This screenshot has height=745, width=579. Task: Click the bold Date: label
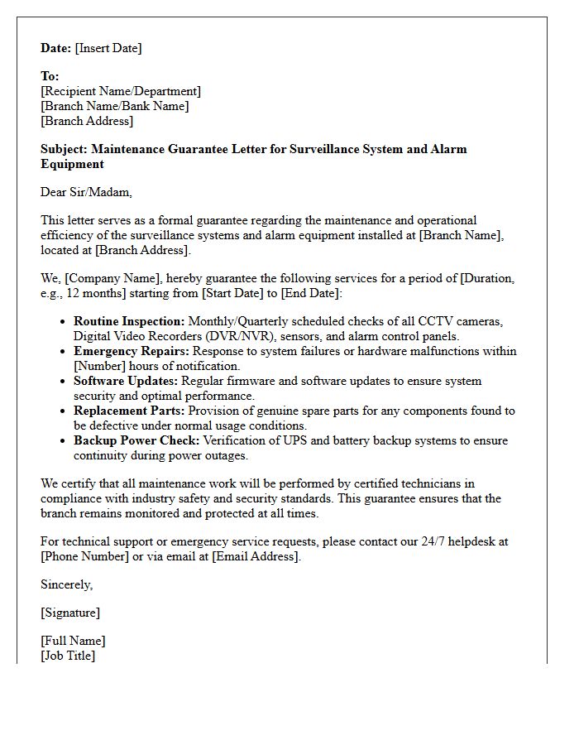tap(56, 48)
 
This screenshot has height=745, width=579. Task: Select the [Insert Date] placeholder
tap(108, 48)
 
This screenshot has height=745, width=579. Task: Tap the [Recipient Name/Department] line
tap(121, 91)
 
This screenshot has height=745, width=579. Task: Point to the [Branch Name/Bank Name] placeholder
tap(115, 106)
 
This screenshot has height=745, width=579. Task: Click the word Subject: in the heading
tap(65, 149)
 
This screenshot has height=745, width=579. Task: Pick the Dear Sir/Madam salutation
tap(86, 192)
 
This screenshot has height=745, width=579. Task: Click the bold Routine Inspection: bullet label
tap(130, 321)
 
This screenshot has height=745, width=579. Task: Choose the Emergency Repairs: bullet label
tap(130, 351)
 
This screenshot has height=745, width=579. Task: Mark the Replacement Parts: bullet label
tap(130, 411)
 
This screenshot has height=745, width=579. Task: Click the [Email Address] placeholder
tap(255, 556)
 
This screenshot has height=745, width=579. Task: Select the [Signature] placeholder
tap(70, 613)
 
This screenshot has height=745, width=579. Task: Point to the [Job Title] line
tap(68, 656)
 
